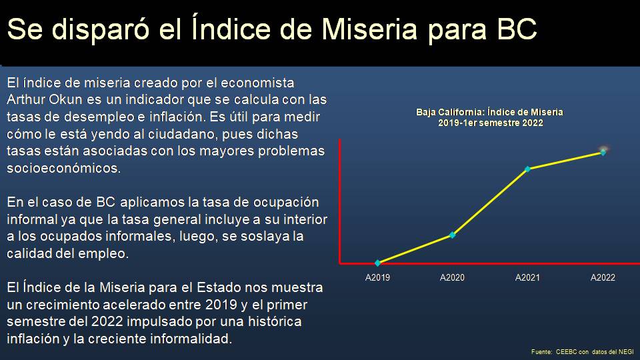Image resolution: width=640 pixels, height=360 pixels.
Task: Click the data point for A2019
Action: pos(378,263)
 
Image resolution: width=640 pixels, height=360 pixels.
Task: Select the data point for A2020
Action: pos(453,235)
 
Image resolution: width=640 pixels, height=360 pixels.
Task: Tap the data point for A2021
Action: pos(528,169)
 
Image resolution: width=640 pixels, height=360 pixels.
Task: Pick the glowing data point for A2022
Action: pos(603,152)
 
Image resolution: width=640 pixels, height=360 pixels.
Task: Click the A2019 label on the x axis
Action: pos(377,277)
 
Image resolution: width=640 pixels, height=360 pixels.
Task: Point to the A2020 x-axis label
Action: pos(452,277)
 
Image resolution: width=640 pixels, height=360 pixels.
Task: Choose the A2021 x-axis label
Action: pos(527,277)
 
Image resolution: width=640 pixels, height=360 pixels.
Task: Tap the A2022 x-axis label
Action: pos(603,277)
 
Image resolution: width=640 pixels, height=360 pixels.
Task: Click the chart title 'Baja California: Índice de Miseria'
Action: pos(490,112)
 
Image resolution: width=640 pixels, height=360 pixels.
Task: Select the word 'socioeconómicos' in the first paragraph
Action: pos(64,168)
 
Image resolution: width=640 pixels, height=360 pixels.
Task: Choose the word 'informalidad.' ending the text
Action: pos(193,339)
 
